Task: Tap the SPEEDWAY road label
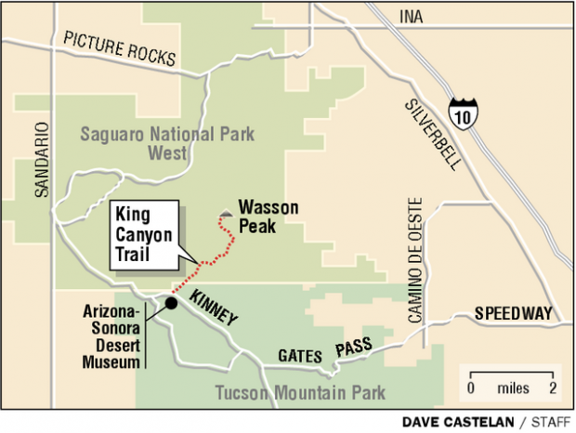513,312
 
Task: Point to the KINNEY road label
214,308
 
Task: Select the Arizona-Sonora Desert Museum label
110,335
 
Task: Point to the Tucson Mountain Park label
288,392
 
